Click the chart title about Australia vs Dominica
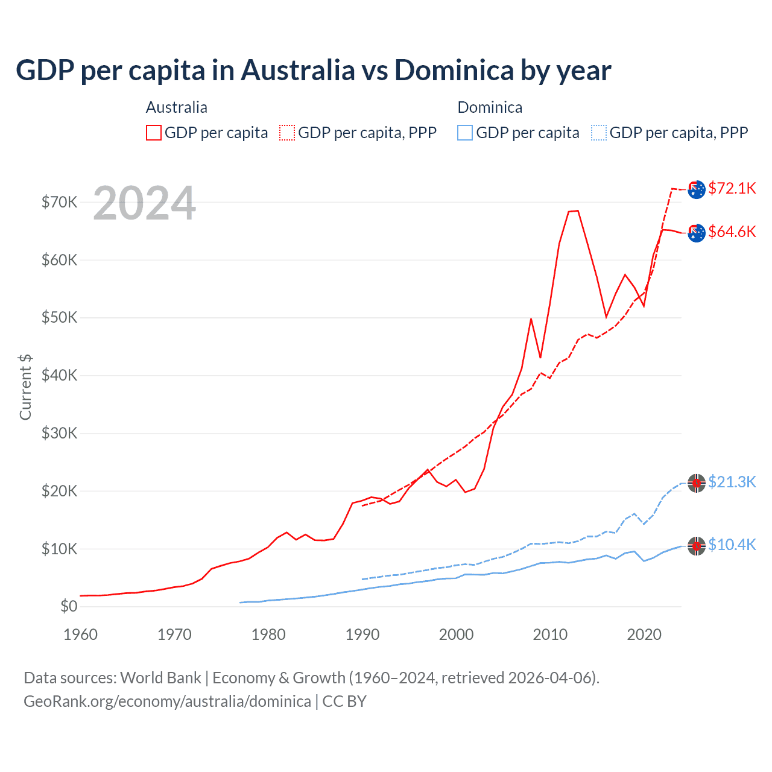coord(313,71)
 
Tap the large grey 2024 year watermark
coord(144,204)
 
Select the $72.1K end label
coord(732,188)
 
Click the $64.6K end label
coord(732,232)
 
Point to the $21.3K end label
coord(732,482)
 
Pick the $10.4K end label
coord(732,545)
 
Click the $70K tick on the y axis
coord(59,202)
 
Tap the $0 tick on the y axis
coord(69,606)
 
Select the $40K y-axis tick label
coord(59,375)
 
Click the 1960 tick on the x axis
coord(80,634)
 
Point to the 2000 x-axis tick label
coord(456,634)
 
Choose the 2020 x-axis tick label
coord(644,634)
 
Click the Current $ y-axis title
coord(25,387)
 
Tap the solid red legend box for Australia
coord(154,133)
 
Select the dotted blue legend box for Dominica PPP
coord(599,133)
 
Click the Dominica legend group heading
coord(490,107)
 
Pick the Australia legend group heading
coord(176,107)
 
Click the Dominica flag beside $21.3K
coord(697,483)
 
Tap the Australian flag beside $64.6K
coord(697,232)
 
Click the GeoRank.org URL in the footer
coord(167,701)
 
